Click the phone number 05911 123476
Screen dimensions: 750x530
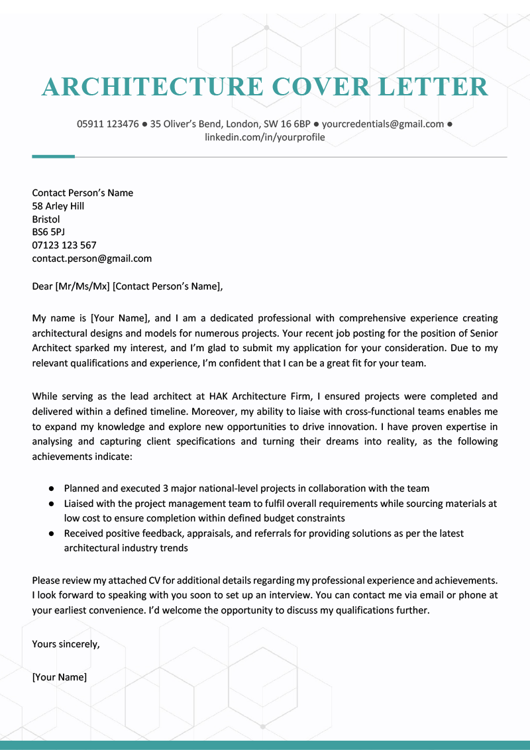[107, 124]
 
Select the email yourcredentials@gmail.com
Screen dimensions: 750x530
[382, 124]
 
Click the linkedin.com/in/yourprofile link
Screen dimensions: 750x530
[265, 138]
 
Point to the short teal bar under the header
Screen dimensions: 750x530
[53, 156]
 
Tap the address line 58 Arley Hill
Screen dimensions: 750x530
[58, 206]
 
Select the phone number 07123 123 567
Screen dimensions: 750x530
[64, 245]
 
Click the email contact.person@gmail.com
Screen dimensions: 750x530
[92, 258]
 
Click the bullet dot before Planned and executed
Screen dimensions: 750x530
[51, 489]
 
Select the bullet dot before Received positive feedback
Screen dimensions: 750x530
[51, 533]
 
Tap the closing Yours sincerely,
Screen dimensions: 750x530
[66, 643]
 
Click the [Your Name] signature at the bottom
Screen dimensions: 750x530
[60, 677]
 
